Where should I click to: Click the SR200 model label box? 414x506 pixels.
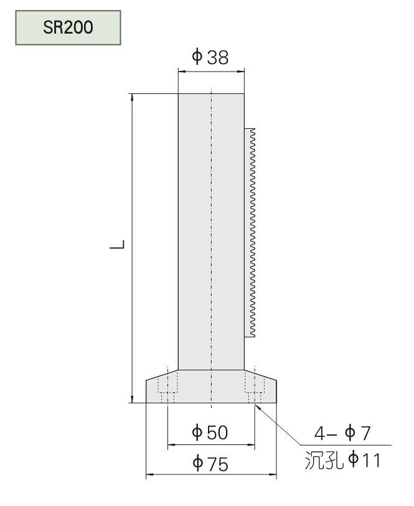tap(68, 27)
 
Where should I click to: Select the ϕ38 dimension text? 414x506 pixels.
tap(210, 57)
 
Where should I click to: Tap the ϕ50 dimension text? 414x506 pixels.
tap(210, 432)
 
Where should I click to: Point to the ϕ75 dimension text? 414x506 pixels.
tap(210, 464)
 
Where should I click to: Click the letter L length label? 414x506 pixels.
tap(117, 245)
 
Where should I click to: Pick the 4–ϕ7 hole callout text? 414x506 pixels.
tap(342, 433)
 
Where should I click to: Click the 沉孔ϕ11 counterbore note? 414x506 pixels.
tap(342, 459)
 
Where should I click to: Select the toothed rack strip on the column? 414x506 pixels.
tap(250, 233)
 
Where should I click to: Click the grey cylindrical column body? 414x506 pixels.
tap(211, 232)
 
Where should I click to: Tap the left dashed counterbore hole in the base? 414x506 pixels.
tap(167, 391)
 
